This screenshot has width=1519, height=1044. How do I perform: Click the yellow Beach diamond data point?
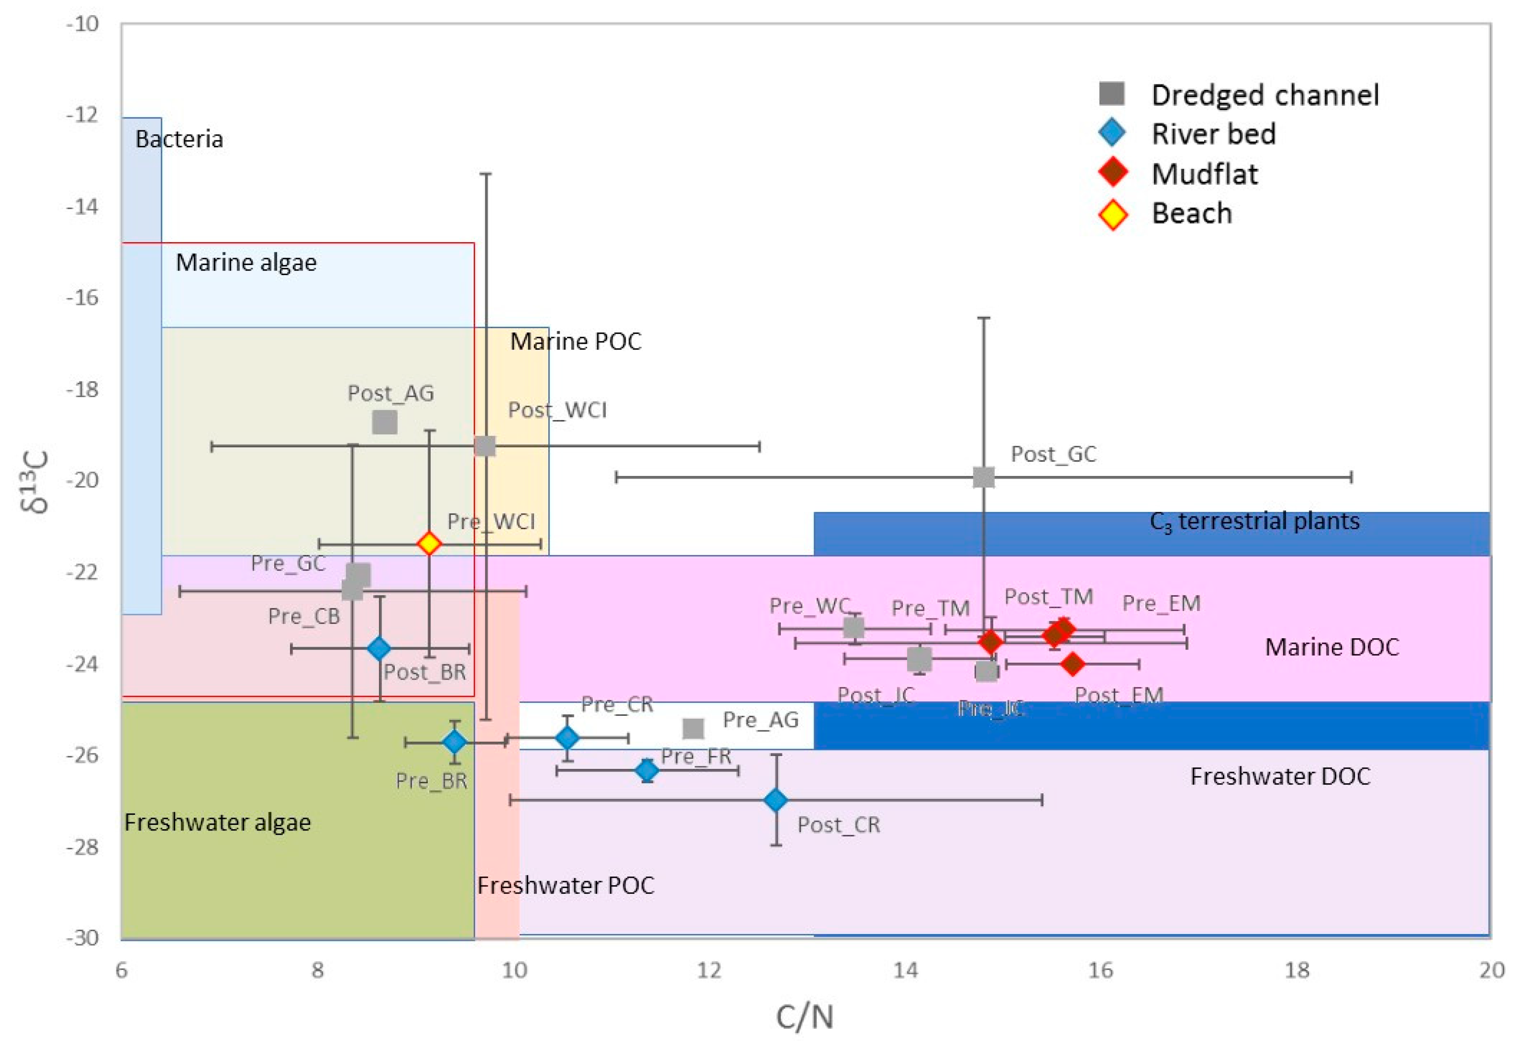pos(429,543)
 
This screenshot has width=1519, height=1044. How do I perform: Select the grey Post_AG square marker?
pos(385,422)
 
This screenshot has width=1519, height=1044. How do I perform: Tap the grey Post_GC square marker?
pos(983,477)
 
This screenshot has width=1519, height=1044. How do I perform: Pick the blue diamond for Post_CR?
pos(776,799)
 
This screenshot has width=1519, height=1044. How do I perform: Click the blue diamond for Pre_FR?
pos(647,770)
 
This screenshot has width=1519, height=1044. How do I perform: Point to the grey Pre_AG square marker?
pos(693,728)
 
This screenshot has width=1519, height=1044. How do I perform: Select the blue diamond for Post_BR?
pos(379,648)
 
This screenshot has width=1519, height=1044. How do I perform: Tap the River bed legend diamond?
pos(1112,133)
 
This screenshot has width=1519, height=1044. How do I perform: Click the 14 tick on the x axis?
pos(905,970)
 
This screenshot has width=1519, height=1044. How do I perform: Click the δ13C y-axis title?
pos(38,481)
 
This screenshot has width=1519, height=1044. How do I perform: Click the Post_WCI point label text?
pos(557,410)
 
